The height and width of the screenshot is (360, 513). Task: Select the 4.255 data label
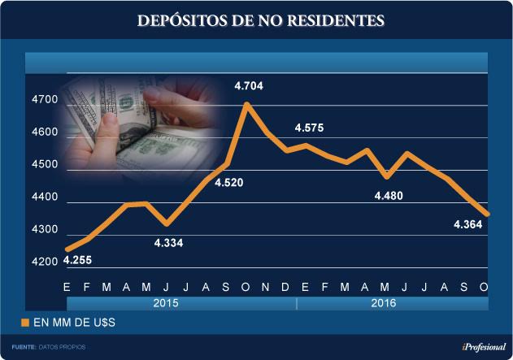pos(77,261)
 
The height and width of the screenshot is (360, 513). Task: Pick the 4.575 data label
pos(309,128)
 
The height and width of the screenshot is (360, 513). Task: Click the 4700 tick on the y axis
pos(45,100)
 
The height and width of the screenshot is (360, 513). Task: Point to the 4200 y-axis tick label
pos(45,262)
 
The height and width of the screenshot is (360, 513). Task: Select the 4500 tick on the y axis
pos(45,165)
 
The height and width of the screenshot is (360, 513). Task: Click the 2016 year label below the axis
pos(384,303)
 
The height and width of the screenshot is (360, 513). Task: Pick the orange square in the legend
pos(24,323)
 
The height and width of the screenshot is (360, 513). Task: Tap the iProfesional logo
pos(479,347)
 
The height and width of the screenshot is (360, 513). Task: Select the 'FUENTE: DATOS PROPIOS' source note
pos(49,347)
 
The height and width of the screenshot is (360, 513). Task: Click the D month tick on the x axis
pos(285,287)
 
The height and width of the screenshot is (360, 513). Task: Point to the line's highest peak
pos(246,104)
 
